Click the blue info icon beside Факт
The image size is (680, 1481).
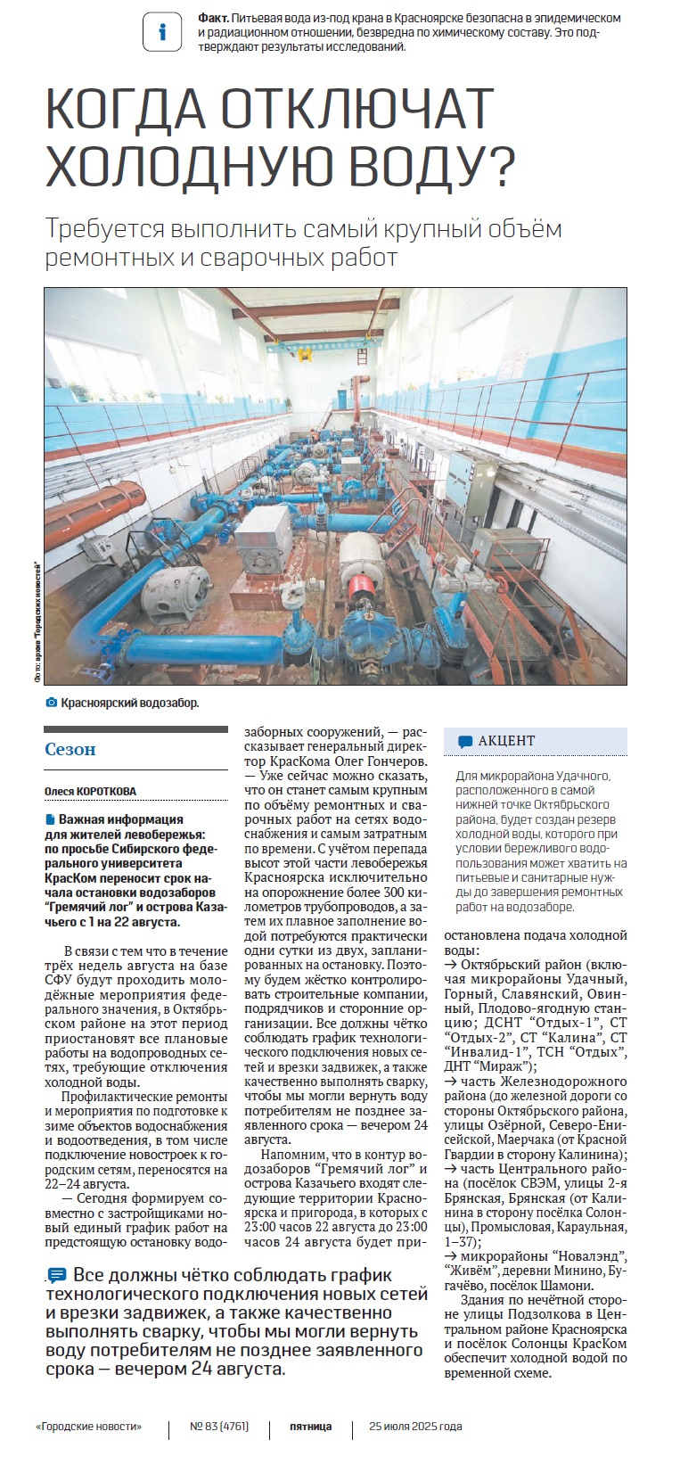pyautogui.click(x=161, y=32)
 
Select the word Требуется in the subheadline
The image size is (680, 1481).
pyautogui.click(x=104, y=229)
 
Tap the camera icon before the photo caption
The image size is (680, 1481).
pyautogui.click(x=51, y=703)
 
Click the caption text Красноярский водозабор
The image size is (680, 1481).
pyautogui.click(x=130, y=703)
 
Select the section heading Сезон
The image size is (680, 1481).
pyautogui.click(x=70, y=749)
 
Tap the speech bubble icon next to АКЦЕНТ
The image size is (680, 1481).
pyautogui.click(x=465, y=741)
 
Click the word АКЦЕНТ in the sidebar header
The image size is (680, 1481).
pyautogui.click(x=506, y=741)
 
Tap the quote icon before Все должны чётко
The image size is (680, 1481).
pyautogui.click(x=57, y=1275)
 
